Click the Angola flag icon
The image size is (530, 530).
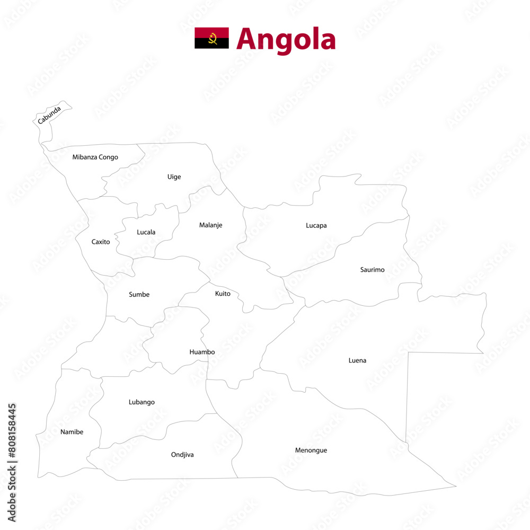[211, 38]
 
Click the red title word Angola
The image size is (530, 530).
[286, 39]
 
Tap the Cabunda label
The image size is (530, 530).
[49, 115]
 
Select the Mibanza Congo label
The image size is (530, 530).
[95, 157]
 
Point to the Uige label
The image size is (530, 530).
[174, 177]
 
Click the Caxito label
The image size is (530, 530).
[101, 242]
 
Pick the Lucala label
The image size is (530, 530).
[146, 232]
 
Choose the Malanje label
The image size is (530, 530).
[210, 225]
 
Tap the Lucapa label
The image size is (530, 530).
[316, 226]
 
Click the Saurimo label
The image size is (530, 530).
[372, 270]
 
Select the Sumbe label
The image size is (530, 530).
[139, 295]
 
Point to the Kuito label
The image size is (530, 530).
[223, 294]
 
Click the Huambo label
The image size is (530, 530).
[202, 352]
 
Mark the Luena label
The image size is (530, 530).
[357, 361]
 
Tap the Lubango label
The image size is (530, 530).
[142, 402]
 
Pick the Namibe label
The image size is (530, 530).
[72, 432]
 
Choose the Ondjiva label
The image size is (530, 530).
[182, 455]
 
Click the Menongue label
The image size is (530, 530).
[311, 450]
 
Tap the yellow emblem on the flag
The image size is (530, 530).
[213, 39]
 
